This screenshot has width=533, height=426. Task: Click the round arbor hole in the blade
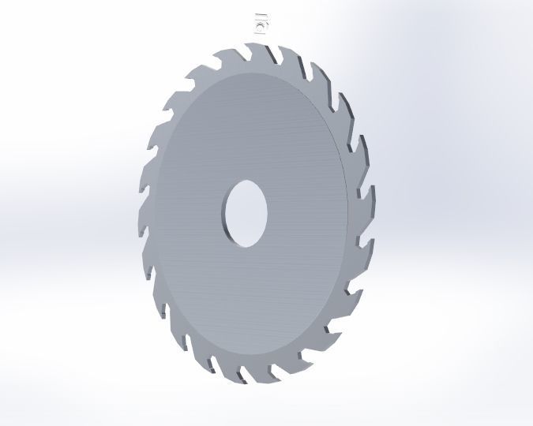coord(246,213)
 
